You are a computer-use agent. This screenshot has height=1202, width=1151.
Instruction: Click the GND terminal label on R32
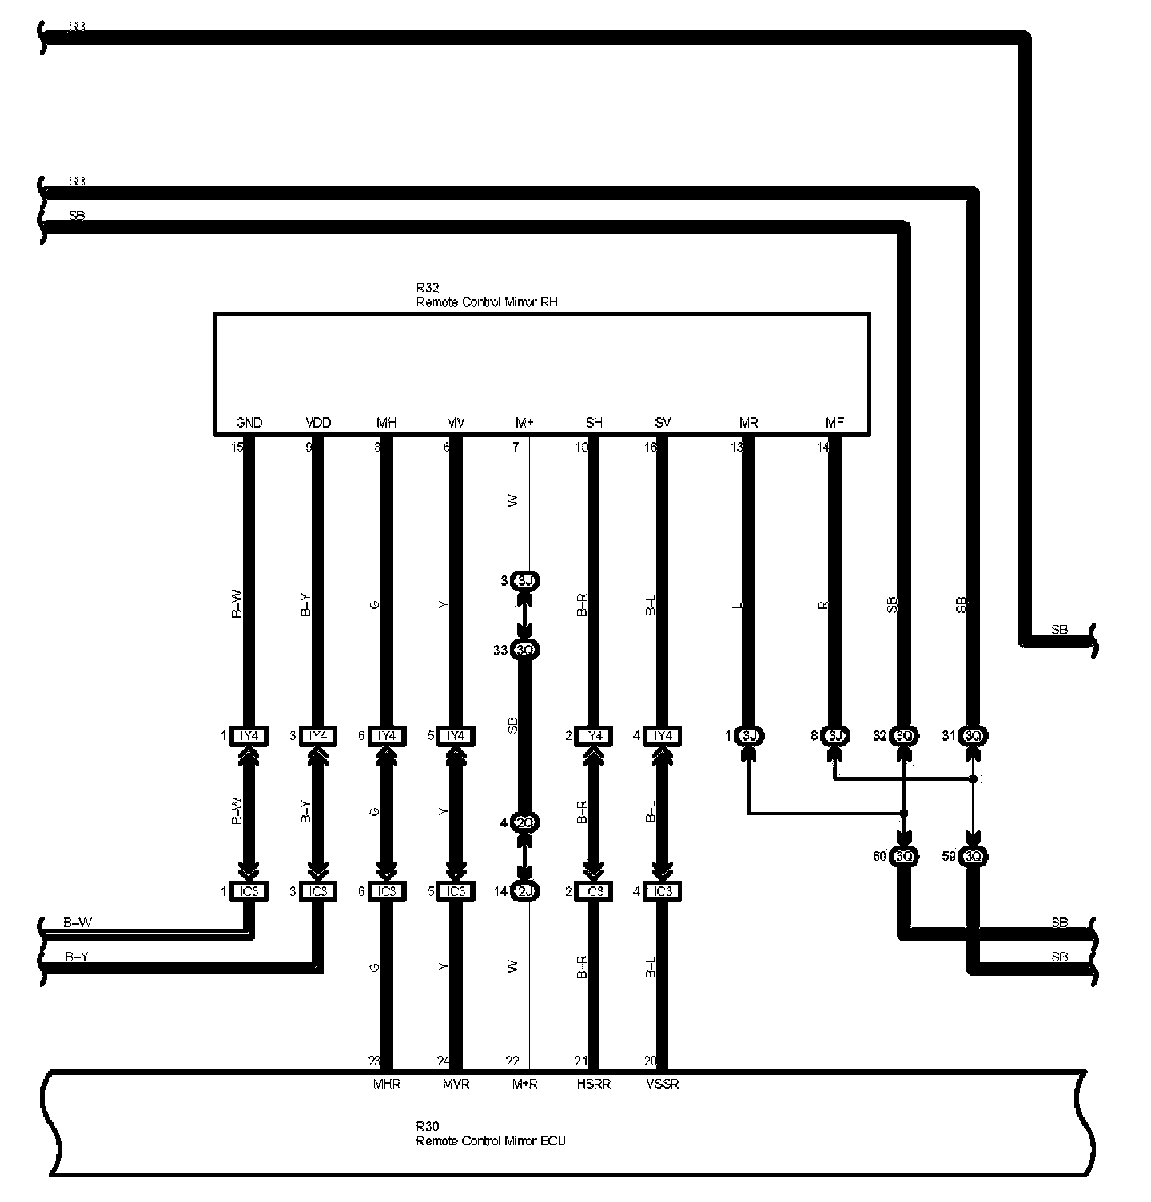[249, 423]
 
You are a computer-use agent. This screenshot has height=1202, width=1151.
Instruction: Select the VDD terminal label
[318, 423]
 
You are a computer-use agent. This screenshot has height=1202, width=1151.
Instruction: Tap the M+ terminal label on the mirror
[524, 423]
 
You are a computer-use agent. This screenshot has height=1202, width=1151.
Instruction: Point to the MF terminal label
[834, 423]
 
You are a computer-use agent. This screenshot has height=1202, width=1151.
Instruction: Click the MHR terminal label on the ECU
[387, 1085]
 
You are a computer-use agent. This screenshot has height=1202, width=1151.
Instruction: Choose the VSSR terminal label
[663, 1085]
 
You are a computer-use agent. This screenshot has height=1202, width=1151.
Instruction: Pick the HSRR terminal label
[594, 1085]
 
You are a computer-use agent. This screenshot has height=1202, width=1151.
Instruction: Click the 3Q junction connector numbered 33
[525, 650]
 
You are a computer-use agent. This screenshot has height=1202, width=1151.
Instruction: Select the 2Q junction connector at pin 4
[525, 822]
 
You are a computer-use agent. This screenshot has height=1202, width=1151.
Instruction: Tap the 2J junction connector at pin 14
[525, 891]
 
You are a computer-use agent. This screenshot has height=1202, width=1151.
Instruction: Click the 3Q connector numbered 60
[904, 857]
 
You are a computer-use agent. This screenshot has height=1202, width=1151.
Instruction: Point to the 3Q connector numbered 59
[973, 857]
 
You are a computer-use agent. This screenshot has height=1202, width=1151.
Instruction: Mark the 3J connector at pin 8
[834, 736]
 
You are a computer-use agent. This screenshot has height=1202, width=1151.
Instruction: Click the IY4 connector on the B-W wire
[249, 736]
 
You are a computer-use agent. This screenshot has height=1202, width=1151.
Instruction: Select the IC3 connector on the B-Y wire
[318, 891]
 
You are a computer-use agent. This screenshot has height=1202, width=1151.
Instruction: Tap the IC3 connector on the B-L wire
[663, 891]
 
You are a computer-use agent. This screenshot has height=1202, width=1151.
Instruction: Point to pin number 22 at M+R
[512, 1061]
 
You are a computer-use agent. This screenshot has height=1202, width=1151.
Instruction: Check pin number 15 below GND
[237, 447]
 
